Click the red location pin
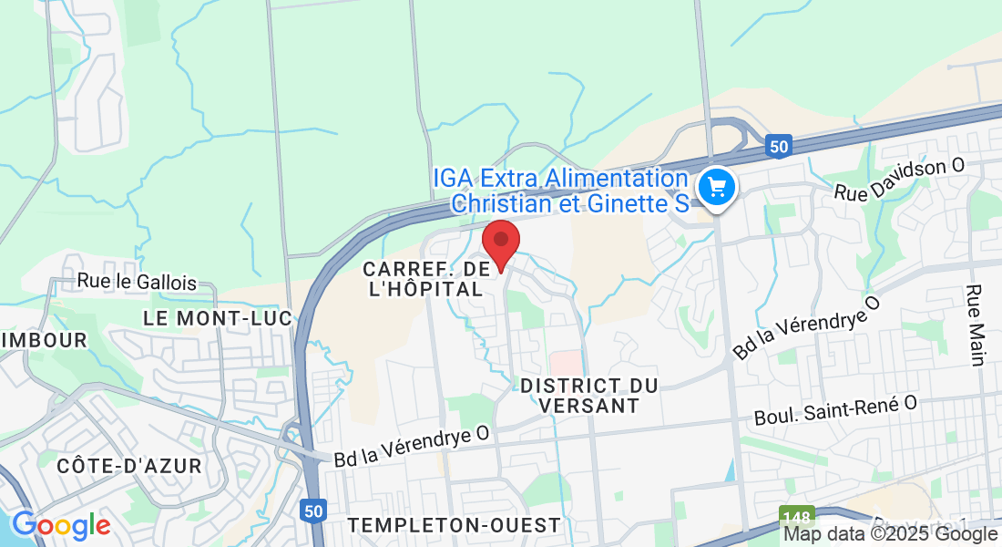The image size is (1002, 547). (x=500, y=243)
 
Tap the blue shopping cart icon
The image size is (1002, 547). (x=717, y=187)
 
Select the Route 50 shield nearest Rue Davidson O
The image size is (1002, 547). (x=777, y=146)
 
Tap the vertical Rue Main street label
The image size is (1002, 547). (x=976, y=325)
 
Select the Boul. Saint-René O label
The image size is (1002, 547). (x=835, y=410)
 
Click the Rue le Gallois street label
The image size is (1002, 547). (x=137, y=283)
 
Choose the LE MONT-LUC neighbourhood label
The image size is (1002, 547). (x=218, y=318)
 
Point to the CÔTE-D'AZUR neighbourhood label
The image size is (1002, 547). (x=129, y=466)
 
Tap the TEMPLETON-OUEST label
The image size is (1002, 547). (x=454, y=525)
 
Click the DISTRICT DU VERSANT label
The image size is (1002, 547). (x=588, y=396)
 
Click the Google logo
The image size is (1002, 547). (x=61, y=525)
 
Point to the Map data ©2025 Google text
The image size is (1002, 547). (x=890, y=534)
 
